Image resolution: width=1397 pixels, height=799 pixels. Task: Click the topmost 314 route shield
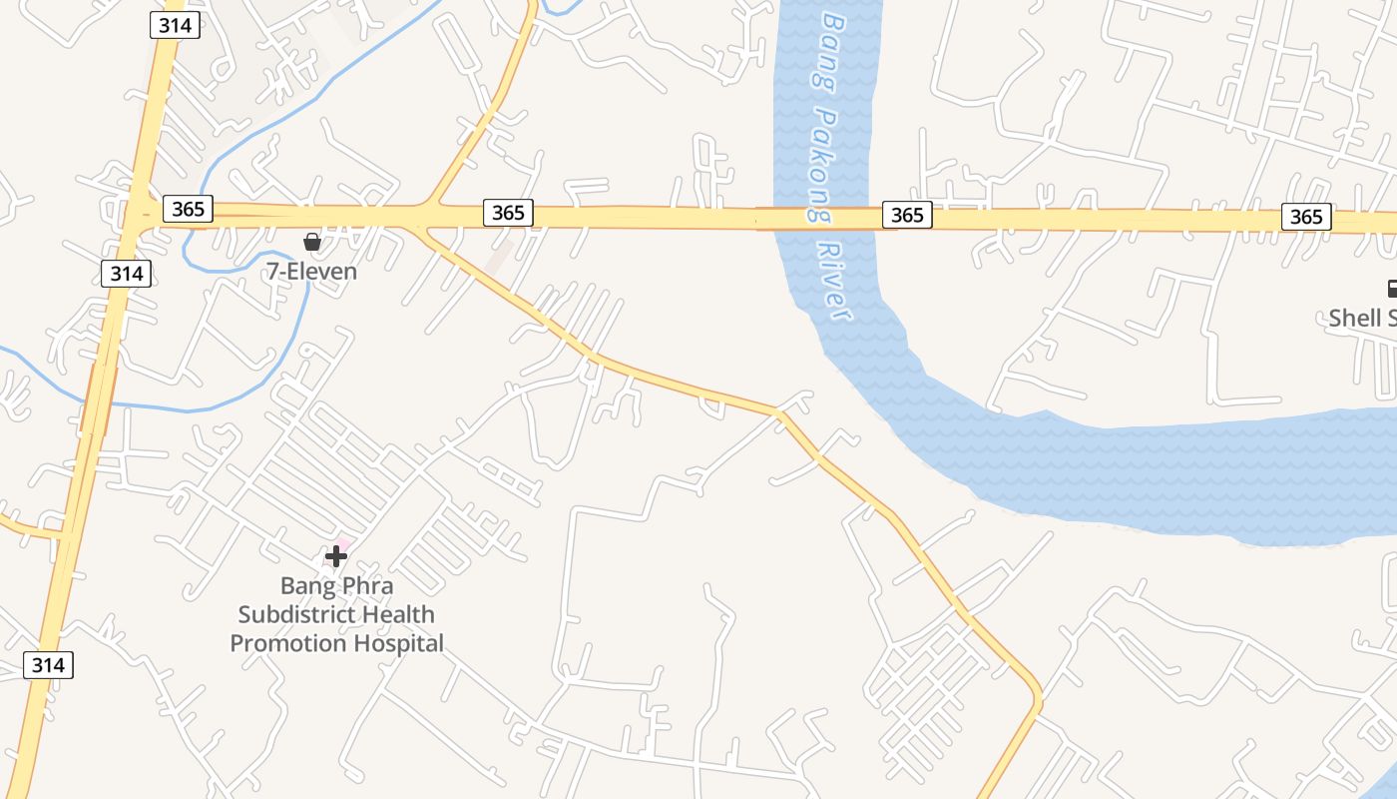click(x=176, y=26)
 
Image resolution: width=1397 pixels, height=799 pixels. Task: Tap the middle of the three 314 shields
click(x=127, y=273)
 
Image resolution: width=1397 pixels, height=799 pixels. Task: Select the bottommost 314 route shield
click(x=48, y=664)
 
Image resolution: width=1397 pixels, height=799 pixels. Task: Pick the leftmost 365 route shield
click(x=188, y=208)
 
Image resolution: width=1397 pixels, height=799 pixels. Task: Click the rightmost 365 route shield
click(x=1306, y=217)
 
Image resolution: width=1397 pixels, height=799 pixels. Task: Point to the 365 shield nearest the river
click(x=907, y=215)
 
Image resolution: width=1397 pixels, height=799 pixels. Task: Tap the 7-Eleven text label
click(x=311, y=271)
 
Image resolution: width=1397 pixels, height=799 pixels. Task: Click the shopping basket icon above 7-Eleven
click(x=312, y=242)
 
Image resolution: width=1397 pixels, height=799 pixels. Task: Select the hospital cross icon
click(x=336, y=556)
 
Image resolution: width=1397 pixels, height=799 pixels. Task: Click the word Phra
click(x=366, y=585)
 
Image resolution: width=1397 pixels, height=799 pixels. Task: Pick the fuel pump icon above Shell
click(x=1391, y=290)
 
